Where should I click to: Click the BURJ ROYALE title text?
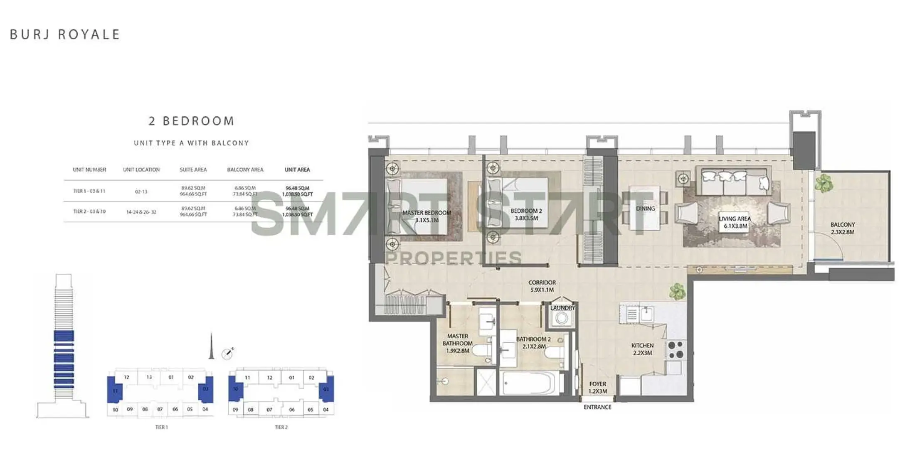65,34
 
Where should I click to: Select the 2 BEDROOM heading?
192,121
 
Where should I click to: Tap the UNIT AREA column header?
297,170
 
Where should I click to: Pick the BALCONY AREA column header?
245,170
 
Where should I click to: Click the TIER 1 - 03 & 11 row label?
89,191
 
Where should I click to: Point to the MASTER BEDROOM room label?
427,216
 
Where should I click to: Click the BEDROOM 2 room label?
526,214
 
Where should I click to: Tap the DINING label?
645,209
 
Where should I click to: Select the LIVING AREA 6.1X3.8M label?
735,222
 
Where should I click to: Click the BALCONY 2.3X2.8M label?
843,228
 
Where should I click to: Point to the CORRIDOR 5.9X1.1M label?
542,286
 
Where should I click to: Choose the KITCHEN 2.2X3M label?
642,349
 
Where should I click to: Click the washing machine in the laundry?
562,319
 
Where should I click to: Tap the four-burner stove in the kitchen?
676,349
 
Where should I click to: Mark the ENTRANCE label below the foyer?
597,407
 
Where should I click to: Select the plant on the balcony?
824,183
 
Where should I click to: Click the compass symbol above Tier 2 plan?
227,354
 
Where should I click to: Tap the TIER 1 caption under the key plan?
161,427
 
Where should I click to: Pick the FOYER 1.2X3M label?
598,387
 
